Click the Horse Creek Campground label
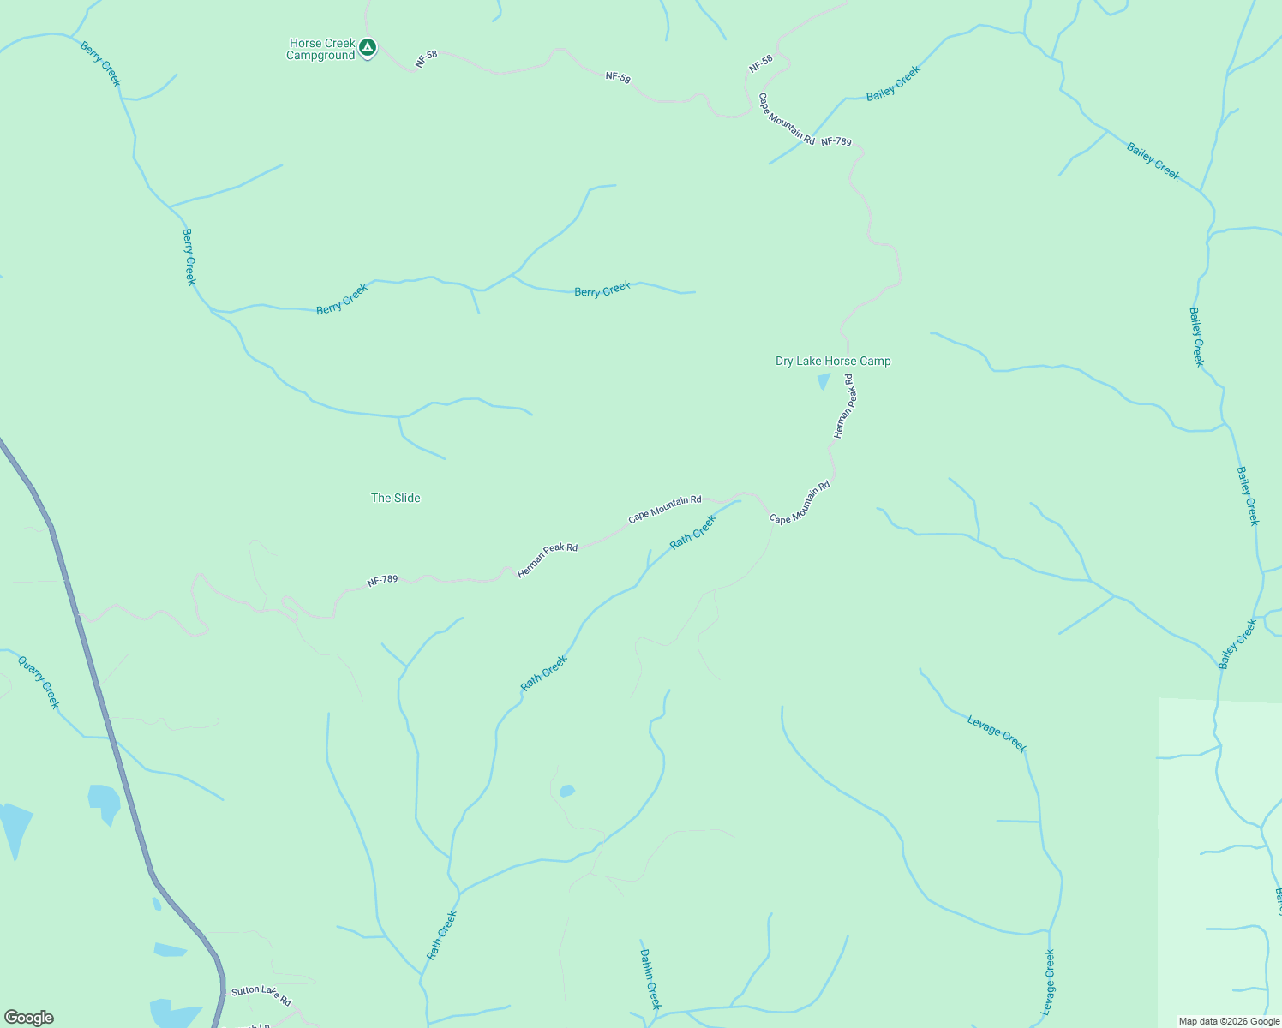pyautogui.click(x=321, y=50)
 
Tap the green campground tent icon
pyautogui.click(x=368, y=47)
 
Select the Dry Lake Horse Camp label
pyautogui.click(x=833, y=362)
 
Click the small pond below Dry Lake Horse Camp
pyautogui.click(x=824, y=381)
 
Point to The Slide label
pyautogui.click(x=396, y=498)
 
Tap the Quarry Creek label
pyautogui.click(x=39, y=682)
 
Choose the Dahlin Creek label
pyautogui.click(x=650, y=978)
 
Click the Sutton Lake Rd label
pyautogui.click(x=261, y=995)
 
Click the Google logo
pyautogui.click(x=29, y=1018)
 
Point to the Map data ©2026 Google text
pyautogui.click(x=1229, y=1021)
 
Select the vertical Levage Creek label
pyautogui.click(x=1049, y=983)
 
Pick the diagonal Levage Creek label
pyautogui.click(x=997, y=734)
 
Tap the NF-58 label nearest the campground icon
pyautogui.click(x=427, y=59)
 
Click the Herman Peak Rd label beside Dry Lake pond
pyautogui.click(x=844, y=406)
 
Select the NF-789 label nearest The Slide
pyautogui.click(x=382, y=580)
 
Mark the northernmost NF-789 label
pyautogui.click(x=836, y=141)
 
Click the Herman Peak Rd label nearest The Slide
pyautogui.click(x=548, y=560)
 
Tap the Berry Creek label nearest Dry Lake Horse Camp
pyautogui.click(x=602, y=290)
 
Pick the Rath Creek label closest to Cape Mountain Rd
pyautogui.click(x=693, y=532)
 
